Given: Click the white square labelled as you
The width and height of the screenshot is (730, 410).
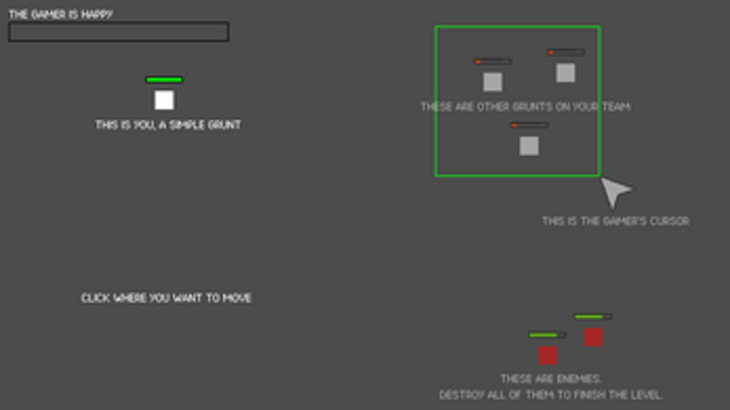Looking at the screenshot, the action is coord(164,100).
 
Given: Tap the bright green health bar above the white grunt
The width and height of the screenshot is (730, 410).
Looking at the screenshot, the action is coord(164,80).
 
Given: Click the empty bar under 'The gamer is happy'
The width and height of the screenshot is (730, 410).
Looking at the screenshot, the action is coord(118,31).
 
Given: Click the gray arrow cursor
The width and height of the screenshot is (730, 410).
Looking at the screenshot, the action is coord(615,192).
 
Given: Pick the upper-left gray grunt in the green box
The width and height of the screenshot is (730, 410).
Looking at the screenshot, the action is coord(492,82).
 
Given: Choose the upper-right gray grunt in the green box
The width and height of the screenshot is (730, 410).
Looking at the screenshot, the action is coord(566,73).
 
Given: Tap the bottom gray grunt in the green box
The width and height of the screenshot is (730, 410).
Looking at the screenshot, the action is coord(529,146).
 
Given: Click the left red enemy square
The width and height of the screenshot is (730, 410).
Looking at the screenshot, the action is coord(548,356).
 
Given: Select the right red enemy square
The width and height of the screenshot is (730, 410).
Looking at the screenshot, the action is coord(594,338).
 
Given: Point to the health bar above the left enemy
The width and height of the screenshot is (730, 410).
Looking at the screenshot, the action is coord(548,335).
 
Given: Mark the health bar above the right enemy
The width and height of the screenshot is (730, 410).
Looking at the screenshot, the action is coord(594,317).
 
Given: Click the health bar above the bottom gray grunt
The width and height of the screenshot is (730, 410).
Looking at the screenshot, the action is coord(529,125).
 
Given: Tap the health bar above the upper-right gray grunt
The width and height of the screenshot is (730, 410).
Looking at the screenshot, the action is coord(566,52).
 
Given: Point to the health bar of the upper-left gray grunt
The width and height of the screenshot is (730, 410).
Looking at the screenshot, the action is coord(492,61).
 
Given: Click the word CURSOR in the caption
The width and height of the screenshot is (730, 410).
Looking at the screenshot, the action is coord(670,221).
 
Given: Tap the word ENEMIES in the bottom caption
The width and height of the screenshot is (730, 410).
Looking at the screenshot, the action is coord(575,379).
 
